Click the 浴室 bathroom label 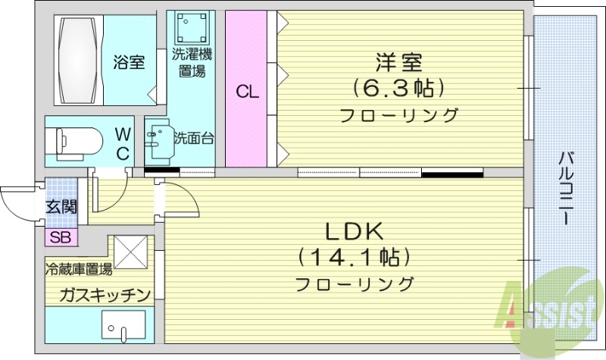[129, 63]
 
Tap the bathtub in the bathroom [79, 58]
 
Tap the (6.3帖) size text [398, 89]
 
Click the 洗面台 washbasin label [194, 138]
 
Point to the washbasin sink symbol [159, 140]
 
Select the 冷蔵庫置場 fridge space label [79, 268]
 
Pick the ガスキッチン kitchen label [97, 295]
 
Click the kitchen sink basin [120, 330]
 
